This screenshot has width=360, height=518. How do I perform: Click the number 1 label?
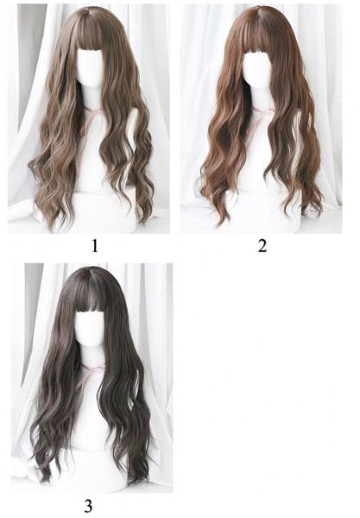coord(95,246)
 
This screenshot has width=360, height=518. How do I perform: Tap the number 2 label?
coord(262,246)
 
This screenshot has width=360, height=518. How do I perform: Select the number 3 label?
coord(88,506)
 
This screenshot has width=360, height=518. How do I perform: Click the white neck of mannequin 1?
coord(91,97)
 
